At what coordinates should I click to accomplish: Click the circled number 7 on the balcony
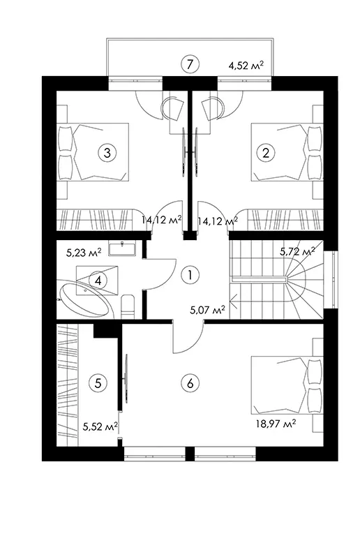[190, 64]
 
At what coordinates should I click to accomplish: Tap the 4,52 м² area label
[246, 65]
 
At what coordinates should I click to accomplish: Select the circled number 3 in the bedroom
[107, 152]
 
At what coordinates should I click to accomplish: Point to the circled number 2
[266, 152]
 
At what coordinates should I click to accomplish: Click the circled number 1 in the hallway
[190, 274]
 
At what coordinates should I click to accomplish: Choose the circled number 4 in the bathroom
[98, 281]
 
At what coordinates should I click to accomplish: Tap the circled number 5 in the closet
[98, 383]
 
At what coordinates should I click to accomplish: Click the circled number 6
[190, 383]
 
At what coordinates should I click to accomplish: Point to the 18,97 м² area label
[276, 424]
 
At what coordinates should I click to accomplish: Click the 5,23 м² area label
[84, 252]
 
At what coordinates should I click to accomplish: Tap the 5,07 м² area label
[207, 310]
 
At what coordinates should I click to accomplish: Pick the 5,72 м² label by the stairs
[297, 252]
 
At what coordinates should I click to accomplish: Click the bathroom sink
[122, 248]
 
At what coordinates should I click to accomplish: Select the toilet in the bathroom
[128, 306]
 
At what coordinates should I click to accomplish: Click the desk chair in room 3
[173, 109]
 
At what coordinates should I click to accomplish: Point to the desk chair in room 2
[213, 109]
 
